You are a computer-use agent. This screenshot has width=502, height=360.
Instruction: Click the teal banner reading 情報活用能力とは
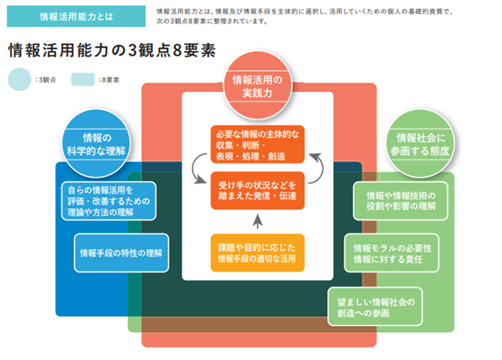76,16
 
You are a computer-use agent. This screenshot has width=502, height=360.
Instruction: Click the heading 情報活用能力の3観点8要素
112,50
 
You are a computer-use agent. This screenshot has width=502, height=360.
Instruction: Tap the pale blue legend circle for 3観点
20,79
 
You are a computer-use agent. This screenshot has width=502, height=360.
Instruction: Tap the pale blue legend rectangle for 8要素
83,79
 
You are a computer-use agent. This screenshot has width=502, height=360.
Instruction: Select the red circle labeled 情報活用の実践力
257,86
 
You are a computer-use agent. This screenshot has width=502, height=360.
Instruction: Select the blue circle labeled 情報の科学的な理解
96,144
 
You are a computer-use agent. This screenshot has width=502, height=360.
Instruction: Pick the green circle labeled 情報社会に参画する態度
420,144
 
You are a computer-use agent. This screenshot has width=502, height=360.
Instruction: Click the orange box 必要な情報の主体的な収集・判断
257,144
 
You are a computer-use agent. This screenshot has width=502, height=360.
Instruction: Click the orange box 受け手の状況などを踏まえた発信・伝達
257,191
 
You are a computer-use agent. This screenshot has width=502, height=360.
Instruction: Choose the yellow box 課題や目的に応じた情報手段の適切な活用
257,253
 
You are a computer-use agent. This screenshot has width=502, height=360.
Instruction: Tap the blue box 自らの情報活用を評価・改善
109,201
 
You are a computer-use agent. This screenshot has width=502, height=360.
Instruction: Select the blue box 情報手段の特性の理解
121,253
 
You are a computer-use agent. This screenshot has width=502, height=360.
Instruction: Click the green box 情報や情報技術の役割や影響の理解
401,201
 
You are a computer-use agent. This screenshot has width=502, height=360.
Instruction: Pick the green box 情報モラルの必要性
391,253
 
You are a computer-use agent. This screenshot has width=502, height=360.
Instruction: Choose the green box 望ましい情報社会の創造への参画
375,307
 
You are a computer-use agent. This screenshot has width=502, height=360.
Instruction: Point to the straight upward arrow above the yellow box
257,221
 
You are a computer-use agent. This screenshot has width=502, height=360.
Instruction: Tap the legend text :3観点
46,80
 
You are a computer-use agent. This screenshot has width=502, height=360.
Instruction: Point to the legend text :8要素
109,80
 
